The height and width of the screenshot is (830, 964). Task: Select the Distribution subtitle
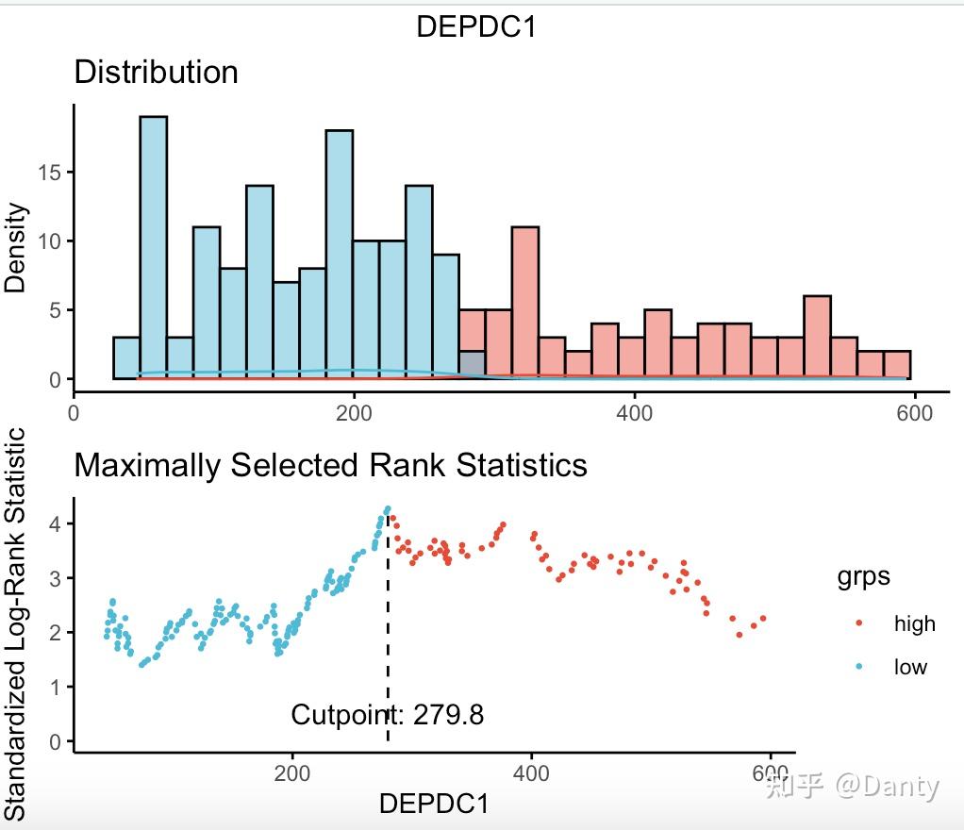point(156,73)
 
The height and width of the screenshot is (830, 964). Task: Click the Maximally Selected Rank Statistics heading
point(330,465)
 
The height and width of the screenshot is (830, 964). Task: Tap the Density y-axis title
point(16,247)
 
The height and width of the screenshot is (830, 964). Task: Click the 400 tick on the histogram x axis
point(634,413)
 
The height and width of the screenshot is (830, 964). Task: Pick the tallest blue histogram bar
point(153,245)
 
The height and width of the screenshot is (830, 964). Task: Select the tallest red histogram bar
point(524,302)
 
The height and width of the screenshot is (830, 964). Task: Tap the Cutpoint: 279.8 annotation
point(387,715)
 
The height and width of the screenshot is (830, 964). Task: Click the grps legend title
point(863,576)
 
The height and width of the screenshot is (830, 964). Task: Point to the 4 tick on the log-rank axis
point(56,523)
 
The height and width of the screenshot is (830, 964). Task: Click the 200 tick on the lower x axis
point(292,774)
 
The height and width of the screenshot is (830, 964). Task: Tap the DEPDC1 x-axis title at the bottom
point(434,804)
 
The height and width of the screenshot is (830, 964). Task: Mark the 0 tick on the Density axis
point(55,379)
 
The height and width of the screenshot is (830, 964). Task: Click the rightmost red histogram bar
point(897,365)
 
